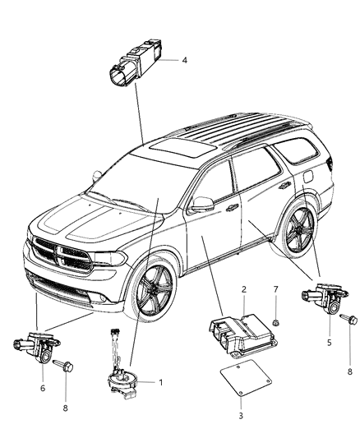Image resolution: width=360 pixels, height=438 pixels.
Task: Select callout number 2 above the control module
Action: (x=243, y=291)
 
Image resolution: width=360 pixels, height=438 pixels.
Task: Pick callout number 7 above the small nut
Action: (x=277, y=291)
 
